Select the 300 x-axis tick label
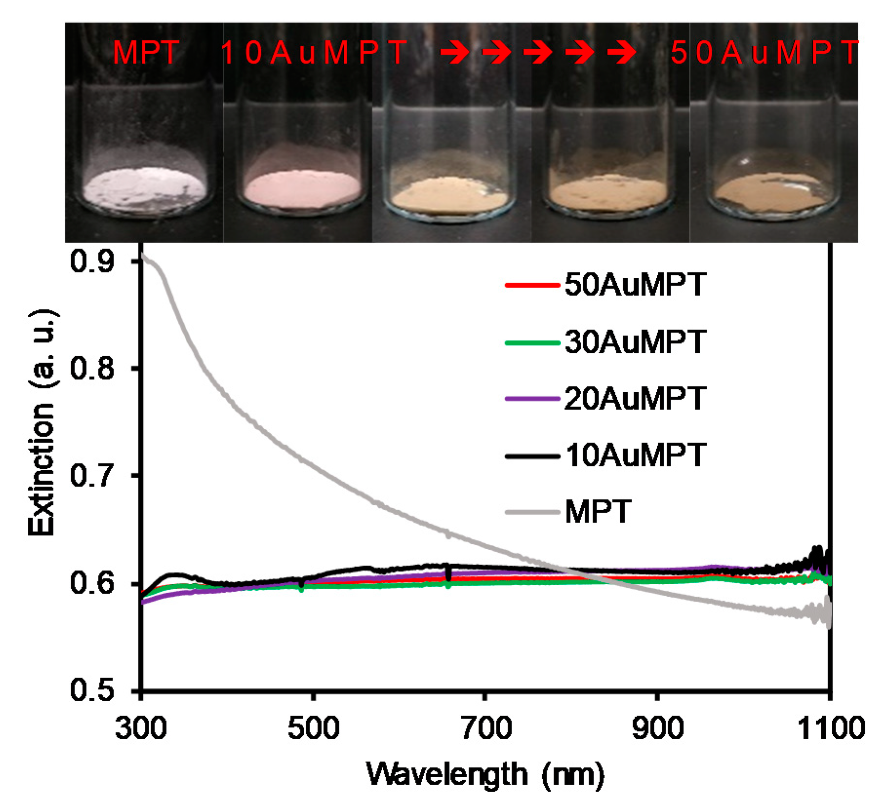click(x=141, y=729)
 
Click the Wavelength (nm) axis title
click(x=485, y=775)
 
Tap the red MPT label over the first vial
click(x=146, y=53)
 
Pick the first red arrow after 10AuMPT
click(x=454, y=53)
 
